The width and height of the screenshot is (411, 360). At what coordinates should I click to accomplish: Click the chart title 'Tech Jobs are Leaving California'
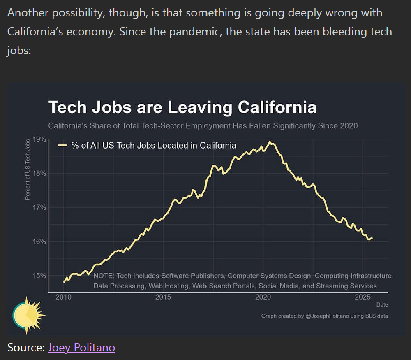pos(182,107)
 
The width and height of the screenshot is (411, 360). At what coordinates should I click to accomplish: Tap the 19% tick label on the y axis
pos(39,139)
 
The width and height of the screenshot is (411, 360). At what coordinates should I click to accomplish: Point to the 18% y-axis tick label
pos(39,173)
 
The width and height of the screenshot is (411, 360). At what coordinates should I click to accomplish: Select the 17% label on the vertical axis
pos(39,207)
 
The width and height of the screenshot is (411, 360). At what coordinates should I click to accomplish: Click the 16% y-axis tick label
pos(39,241)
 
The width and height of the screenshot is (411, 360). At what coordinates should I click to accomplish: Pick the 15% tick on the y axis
pos(39,275)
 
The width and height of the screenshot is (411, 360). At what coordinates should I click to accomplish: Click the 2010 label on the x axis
pos(63,297)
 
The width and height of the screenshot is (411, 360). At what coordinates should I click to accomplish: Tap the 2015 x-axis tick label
pos(163,297)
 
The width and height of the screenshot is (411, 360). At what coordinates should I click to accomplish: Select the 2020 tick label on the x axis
pos(263,297)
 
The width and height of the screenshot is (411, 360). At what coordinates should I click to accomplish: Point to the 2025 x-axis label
pos(363,297)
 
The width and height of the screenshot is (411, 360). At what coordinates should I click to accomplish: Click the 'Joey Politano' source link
pos(81,348)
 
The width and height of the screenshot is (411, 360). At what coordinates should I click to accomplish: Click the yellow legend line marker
pos(62,145)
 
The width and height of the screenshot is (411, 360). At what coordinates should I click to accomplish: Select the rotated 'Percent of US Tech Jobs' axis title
pos(28,170)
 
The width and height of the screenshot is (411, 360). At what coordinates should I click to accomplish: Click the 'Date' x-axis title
pos(382,305)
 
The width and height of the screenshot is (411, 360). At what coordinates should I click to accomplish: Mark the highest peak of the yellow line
pos(270,142)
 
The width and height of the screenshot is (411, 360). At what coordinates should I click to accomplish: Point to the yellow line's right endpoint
pos(372,238)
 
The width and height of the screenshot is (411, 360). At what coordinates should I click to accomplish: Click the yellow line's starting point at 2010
pos(64,282)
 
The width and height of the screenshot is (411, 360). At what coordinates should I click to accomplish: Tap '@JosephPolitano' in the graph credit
pos(327,316)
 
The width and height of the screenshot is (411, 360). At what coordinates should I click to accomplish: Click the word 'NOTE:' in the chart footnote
pos(104,276)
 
